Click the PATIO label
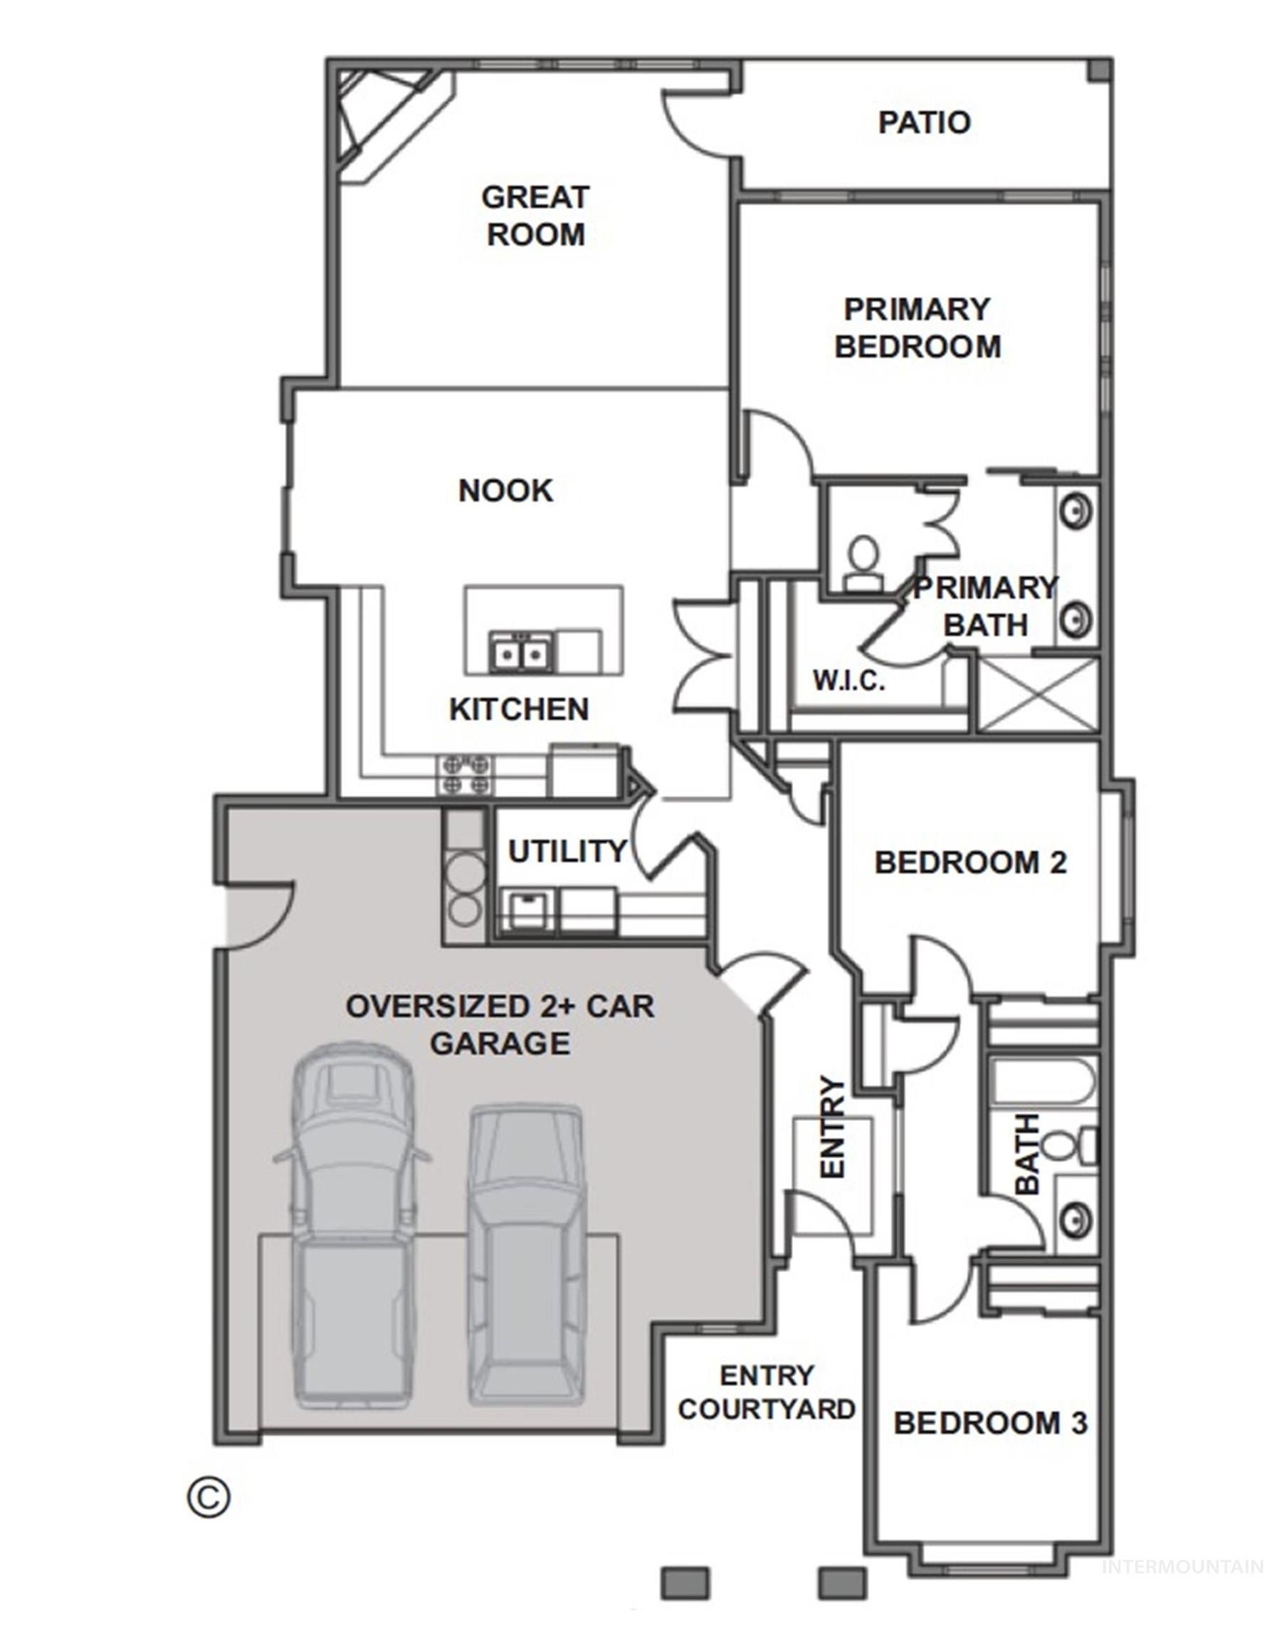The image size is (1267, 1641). click(924, 123)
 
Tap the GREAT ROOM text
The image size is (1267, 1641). click(535, 216)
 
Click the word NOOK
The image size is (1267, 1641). click(505, 491)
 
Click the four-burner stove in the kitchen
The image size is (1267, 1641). click(466, 775)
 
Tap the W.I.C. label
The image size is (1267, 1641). click(848, 681)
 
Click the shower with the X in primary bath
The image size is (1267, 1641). click(1038, 693)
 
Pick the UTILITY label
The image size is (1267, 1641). click(567, 851)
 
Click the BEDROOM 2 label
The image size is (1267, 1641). click(970, 863)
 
